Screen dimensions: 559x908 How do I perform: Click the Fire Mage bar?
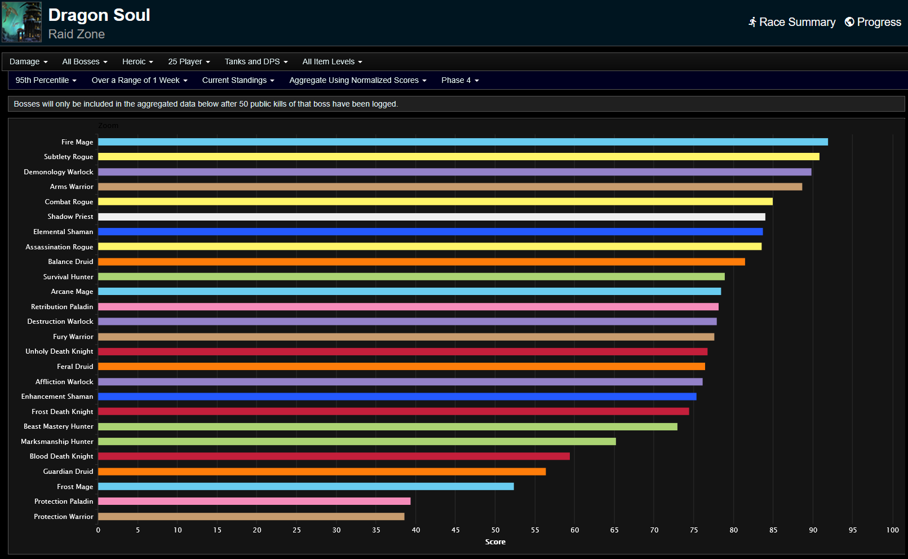click(x=462, y=142)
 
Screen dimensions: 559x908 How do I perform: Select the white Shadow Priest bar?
click(x=431, y=217)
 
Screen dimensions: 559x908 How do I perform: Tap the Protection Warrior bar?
click(x=251, y=517)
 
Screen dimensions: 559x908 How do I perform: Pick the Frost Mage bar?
click(x=305, y=486)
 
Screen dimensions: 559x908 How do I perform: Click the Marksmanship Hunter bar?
click(x=357, y=442)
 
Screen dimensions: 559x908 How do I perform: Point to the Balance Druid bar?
click(x=421, y=262)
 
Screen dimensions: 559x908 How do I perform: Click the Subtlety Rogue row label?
click(x=68, y=157)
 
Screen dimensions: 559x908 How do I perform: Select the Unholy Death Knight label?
click(x=59, y=351)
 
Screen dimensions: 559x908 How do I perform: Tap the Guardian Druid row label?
click(x=68, y=472)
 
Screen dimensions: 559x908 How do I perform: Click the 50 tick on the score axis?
click(x=495, y=530)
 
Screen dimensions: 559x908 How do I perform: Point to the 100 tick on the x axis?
click(x=892, y=530)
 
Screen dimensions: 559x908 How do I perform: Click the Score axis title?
click(x=495, y=542)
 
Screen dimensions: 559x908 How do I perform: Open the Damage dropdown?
click(x=28, y=61)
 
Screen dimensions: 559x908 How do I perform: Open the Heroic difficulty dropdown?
click(x=138, y=61)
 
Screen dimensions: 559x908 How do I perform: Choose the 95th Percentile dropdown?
click(x=46, y=80)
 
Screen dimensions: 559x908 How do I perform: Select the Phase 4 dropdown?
click(x=460, y=80)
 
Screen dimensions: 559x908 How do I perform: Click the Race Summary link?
click(x=792, y=22)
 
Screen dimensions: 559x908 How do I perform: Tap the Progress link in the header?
click(x=873, y=22)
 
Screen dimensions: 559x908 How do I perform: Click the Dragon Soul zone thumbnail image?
click(x=21, y=22)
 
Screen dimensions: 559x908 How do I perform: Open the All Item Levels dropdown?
click(x=332, y=61)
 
